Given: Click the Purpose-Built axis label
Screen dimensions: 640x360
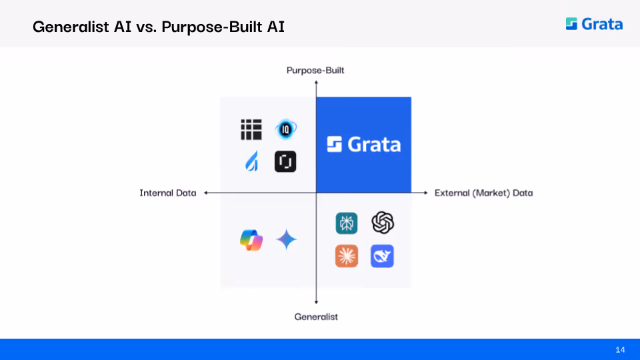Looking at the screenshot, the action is tap(315, 70).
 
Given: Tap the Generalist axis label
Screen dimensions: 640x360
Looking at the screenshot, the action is tap(316, 317).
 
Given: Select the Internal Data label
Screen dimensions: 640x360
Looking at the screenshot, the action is tap(168, 193).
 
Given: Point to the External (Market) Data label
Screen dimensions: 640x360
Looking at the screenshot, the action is tap(484, 193).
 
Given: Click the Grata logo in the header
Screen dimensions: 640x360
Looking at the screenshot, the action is tap(594, 24).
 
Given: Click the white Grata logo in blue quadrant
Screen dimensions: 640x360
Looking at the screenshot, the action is tap(364, 145).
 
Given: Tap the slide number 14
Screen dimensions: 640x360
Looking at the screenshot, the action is tap(620, 349).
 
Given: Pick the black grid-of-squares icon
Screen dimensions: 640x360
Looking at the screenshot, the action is tap(251, 129).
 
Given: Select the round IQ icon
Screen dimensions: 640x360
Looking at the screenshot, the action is tap(285, 129).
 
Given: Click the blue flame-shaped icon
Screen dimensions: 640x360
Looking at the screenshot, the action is tap(252, 161).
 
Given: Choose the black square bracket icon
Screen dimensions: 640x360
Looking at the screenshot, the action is tap(285, 161).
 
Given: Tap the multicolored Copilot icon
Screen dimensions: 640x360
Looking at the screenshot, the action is tap(251, 240).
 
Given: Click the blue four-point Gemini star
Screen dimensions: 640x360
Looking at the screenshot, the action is tap(286, 239).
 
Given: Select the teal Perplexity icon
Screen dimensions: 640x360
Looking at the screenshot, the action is tap(347, 223).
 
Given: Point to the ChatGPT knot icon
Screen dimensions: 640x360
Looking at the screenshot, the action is tap(383, 223).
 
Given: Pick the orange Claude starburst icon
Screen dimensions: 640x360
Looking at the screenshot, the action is tap(347, 256).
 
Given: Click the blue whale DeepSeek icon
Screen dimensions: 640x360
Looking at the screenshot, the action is tap(382, 256).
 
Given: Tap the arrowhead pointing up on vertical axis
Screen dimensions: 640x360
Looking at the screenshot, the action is tap(316, 83).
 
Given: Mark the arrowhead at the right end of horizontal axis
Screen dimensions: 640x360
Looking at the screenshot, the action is tap(426, 193).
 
